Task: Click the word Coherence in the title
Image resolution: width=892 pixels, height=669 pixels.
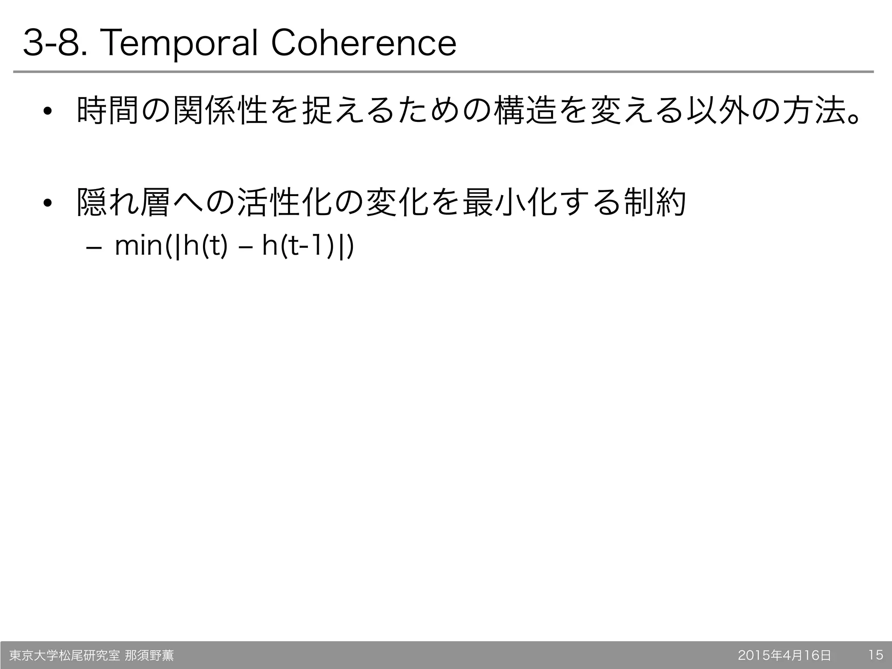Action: (364, 44)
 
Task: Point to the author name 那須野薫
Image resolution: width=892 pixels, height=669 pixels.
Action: (149, 655)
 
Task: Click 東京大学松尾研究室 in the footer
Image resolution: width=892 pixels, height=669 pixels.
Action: (64, 655)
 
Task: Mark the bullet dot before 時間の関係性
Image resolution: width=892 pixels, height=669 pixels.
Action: (47, 112)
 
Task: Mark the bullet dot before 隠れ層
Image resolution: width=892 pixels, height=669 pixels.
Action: (47, 203)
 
